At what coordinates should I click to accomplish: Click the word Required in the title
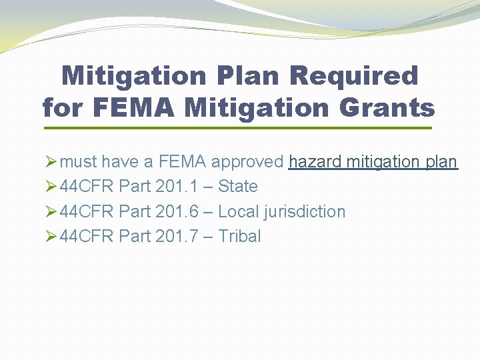[x=353, y=76]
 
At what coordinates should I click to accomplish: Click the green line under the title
[x=237, y=128]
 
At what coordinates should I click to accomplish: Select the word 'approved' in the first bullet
[x=247, y=162]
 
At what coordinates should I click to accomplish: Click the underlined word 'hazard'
[x=315, y=162]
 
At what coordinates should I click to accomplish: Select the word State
[x=238, y=187]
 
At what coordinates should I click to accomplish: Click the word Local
[x=239, y=211]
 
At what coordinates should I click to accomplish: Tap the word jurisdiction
[x=305, y=212]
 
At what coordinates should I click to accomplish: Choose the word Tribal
[x=240, y=236]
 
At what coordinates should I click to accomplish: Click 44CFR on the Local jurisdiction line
[x=87, y=211]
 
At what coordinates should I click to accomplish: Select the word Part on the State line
[x=134, y=187]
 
